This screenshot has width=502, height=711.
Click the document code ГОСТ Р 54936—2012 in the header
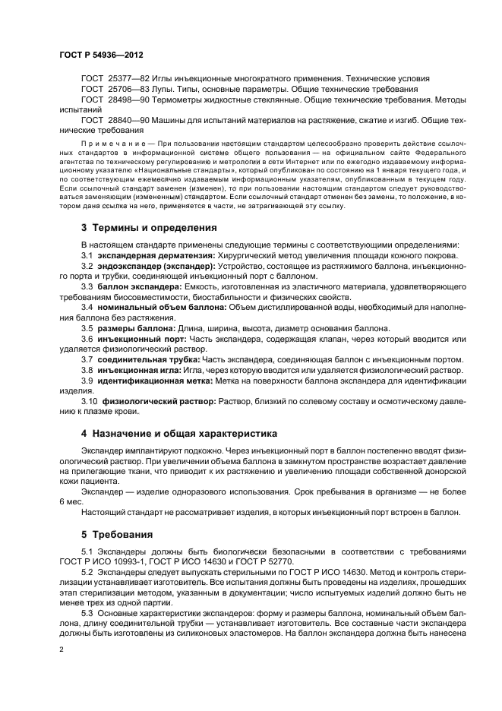point(101,56)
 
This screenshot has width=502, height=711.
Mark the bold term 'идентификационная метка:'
point(155,379)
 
